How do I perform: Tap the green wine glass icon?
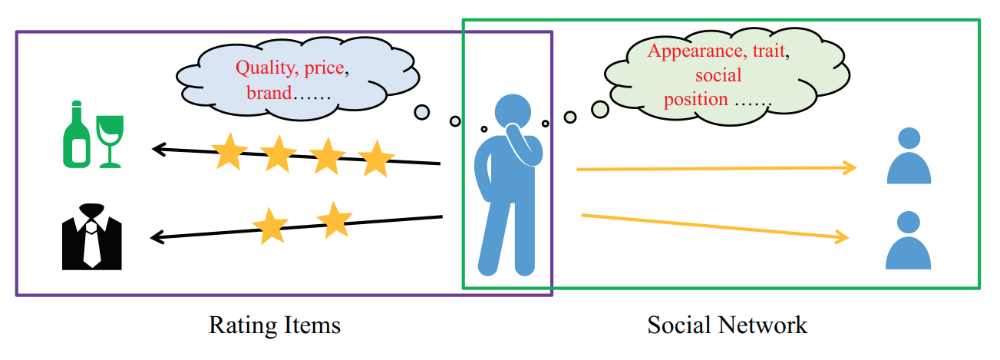click(x=110, y=138)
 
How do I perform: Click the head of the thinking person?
click(x=512, y=112)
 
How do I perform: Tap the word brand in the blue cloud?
click(x=269, y=94)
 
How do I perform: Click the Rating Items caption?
click(x=274, y=325)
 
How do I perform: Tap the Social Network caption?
click(x=728, y=325)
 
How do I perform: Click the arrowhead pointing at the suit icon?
click(x=155, y=238)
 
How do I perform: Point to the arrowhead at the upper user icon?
click(x=850, y=167)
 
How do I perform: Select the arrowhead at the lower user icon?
click(x=844, y=237)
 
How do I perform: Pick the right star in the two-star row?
click(x=334, y=220)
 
